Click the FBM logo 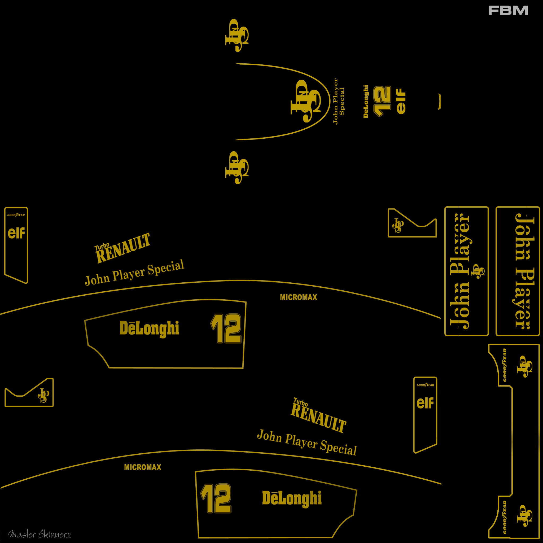508,10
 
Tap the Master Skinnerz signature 39,534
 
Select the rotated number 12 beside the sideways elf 382,101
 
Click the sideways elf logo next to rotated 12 401,101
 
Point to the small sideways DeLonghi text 366,101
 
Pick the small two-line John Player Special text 338,101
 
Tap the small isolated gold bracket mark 440,102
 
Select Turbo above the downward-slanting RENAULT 300,402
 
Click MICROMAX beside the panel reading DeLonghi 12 299,297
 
